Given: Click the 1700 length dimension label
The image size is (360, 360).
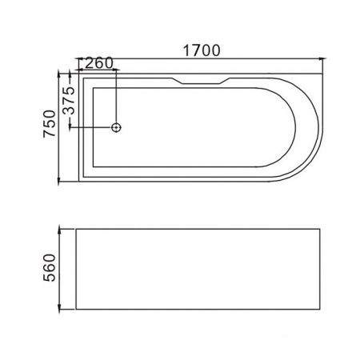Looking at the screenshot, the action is (202, 50).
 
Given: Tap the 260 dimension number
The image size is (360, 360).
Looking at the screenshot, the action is (99, 63).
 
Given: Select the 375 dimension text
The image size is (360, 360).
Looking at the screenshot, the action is (70, 101).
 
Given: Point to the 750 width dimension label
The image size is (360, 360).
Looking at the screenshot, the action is (50, 124).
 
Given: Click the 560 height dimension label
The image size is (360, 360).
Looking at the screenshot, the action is (50, 268).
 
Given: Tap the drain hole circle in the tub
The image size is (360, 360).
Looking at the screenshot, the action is (116, 127).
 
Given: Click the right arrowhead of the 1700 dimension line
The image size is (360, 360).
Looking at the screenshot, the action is (322, 58).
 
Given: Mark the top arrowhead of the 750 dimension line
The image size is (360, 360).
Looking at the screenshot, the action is (58, 74).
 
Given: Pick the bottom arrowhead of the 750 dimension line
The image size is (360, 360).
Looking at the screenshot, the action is (58, 180).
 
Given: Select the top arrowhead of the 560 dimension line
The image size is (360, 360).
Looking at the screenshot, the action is (59, 230).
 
